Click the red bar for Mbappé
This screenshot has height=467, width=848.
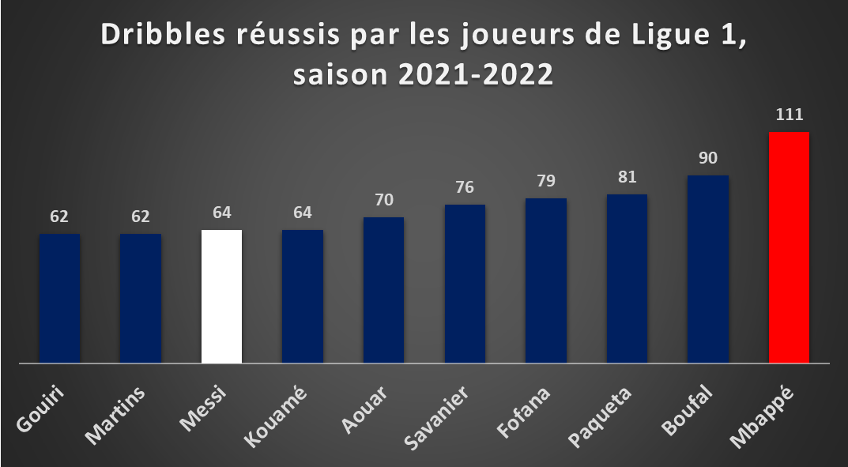pos(789,247)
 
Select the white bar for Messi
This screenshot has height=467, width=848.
pos(222,297)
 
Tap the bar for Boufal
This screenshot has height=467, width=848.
pos(708,269)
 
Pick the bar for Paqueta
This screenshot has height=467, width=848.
pos(627,279)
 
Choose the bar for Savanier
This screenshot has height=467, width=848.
pos(465,284)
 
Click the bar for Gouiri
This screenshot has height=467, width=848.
pos(59,299)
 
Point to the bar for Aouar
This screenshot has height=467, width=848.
pos(383,290)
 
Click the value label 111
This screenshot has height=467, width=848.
pos(790,115)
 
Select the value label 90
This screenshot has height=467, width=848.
pos(708,158)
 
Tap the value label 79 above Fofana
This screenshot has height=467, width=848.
pos(546,180)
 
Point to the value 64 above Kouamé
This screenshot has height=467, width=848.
pos(303,213)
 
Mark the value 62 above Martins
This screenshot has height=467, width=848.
pos(141,217)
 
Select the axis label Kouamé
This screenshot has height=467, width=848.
pos(276,416)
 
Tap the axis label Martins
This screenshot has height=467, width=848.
pos(115,415)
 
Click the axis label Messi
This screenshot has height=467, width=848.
pos(203,409)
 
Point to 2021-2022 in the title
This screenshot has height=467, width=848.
pos(476,74)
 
